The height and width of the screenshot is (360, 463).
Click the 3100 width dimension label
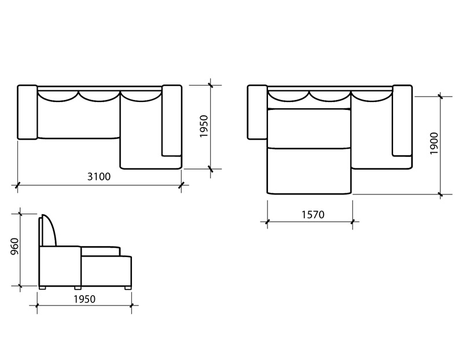(99, 177)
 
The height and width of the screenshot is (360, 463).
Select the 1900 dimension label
(434, 143)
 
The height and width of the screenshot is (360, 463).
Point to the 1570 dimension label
(313, 214)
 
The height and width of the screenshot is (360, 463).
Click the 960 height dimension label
(14, 247)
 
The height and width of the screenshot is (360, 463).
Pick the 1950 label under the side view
(84, 299)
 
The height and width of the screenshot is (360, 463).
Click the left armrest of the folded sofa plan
(27, 112)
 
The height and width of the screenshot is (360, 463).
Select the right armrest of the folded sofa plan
(171, 120)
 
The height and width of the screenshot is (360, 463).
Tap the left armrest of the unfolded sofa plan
(258, 112)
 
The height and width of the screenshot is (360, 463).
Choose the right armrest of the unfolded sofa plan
(402, 120)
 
